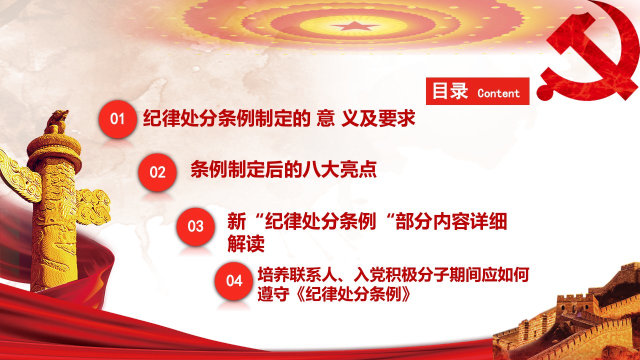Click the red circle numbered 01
pos(117,119)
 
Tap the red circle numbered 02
pos(157,172)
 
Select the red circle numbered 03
pos(195,226)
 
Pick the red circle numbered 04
pos(234,281)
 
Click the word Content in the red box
pos(498,93)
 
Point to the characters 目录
pos(450,91)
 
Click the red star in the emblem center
pos(355,26)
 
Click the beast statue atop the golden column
pos(57,122)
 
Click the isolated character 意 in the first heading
pos(325,118)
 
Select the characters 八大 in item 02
pos(321,169)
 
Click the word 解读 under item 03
pos(246,243)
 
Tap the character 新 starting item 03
pos(236,221)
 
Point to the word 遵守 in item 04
pos(273,293)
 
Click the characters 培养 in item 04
pos(273,274)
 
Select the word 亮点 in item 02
pos(358,169)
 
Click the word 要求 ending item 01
pos(396,118)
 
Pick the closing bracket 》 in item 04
pos(407,293)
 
